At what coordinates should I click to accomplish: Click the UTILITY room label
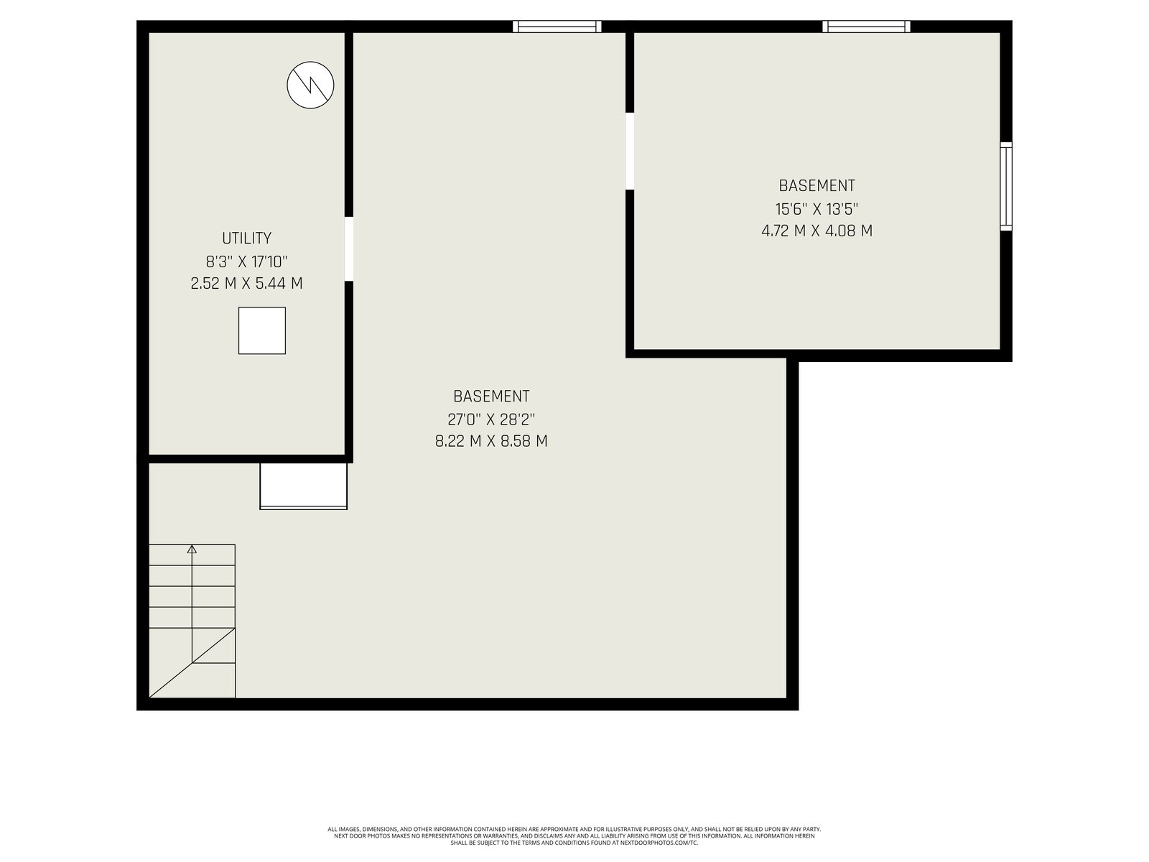[246, 238]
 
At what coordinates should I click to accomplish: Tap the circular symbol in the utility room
[310, 85]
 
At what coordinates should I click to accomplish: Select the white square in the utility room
[261, 330]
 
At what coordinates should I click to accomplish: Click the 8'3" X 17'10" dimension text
[246, 261]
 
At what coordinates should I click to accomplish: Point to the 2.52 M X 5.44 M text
[246, 284]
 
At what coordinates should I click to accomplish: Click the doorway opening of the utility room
[348, 249]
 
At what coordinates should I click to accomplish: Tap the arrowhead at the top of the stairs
[192, 549]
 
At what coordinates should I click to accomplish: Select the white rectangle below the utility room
[304, 486]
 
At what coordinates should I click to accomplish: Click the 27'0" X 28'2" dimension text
[491, 420]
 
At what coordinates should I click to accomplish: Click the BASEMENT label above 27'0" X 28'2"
[491, 397]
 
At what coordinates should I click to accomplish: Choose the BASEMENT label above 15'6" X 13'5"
[817, 186]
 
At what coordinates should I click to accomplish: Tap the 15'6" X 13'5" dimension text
[817, 209]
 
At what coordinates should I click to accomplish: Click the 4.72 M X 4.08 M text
[817, 231]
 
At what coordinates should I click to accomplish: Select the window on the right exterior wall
[1006, 186]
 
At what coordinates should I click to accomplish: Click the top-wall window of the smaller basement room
[866, 26]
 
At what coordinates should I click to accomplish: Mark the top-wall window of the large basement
[557, 26]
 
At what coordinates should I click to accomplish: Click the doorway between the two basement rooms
[630, 152]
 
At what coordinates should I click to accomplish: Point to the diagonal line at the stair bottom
[192, 663]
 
